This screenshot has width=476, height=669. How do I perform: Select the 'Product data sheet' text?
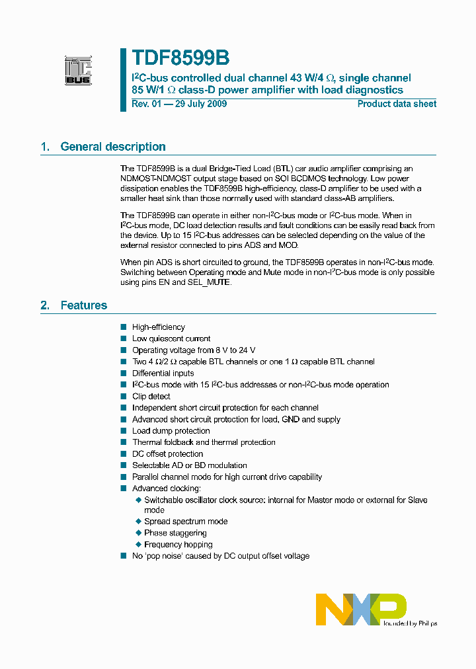click(397, 104)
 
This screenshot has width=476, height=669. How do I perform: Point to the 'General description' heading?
click(112, 147)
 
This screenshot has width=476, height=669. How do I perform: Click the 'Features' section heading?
click(83, 305)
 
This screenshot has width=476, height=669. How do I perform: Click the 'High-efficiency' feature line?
click(159, 327)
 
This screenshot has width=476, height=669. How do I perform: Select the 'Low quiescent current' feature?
click(171, 338)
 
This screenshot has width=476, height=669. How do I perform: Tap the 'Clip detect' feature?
click(151, 397)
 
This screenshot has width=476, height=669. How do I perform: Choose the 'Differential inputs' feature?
click(163, 374)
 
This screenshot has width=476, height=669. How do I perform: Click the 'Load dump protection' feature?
click(171, 431)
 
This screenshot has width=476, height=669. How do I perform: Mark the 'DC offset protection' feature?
click(168, 454)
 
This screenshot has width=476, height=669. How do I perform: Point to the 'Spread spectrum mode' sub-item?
click(186, 522)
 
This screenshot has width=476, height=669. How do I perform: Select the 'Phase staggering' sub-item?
click(175, 533)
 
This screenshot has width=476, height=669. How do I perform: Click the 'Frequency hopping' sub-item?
click(178, 545)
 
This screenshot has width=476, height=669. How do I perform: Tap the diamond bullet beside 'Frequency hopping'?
click(138, 545)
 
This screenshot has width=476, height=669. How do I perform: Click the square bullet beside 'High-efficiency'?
click(123, 327)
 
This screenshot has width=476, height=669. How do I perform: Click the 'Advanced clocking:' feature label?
click(166, 489)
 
